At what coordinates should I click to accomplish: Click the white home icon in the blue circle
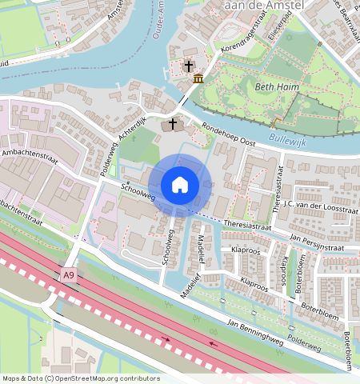tap(180, 185)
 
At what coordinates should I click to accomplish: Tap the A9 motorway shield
tap(70, 274)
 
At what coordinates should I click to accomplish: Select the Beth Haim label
tap(273, 86)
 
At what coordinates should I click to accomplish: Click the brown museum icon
tap(198, 78)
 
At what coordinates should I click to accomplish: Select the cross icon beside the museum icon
tap(190, 66)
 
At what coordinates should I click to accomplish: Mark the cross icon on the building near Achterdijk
tap(172, 124)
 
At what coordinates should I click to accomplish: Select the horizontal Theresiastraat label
tap(248, 223)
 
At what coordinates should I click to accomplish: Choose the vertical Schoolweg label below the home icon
tap(167, 250)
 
